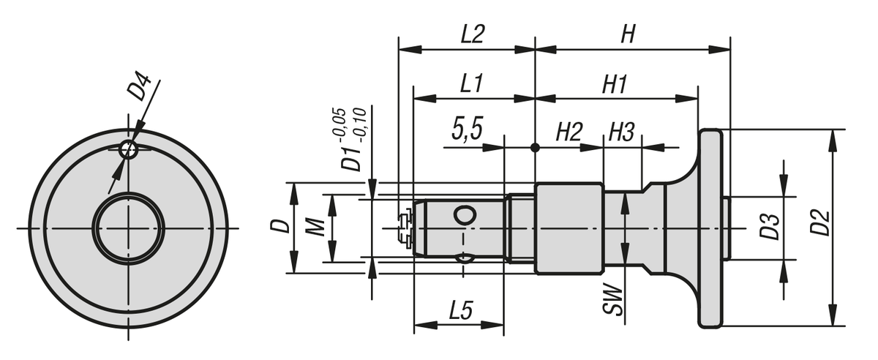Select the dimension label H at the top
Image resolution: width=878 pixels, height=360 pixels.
[627, 34]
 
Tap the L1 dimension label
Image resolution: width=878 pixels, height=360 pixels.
[470, 83]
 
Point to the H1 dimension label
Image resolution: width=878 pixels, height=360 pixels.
[615, 83]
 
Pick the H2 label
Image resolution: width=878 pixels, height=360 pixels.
[569, 132]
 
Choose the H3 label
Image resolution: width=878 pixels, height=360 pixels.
[621, 132]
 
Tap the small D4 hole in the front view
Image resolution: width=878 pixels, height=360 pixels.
[129, 149]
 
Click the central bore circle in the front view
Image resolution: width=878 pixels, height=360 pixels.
[129, 228]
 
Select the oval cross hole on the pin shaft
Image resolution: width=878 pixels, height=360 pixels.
[464, 215]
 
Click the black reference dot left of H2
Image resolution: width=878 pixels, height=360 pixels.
[536, 147]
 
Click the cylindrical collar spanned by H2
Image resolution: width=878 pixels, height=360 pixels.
[569, 228]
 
